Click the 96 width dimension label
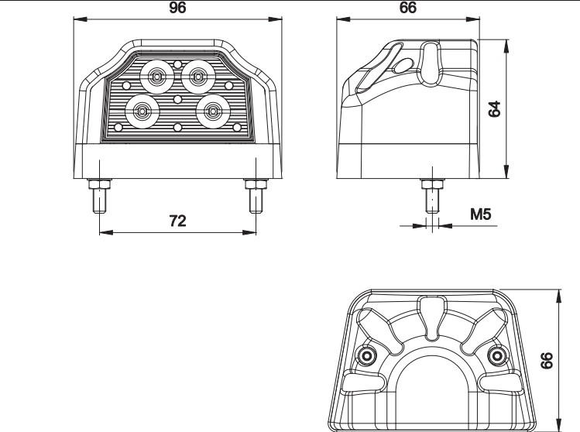(x=177, y=8)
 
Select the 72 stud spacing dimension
(x=177, y=221)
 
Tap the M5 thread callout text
(x=481, y=214)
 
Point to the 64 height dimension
(x=494, y=108)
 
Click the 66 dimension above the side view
(x=408, y=8)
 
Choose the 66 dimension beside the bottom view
(x=547, y=361)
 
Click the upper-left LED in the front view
(x=157, y=77)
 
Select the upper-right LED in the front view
(x=198, y=77)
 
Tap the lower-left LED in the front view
(x=142, y=111)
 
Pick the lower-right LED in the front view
(x=213, y=111)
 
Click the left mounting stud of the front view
(x=99, y=196)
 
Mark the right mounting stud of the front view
(x=256, y=196)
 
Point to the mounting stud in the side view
(x=432, y=196)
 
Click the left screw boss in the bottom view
(x=366, y=356)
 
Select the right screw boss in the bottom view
(x=497, y=356)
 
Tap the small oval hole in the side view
(x=403, y=66)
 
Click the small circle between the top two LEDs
(x=178, y=65)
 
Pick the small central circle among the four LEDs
(x=178, y=99)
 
